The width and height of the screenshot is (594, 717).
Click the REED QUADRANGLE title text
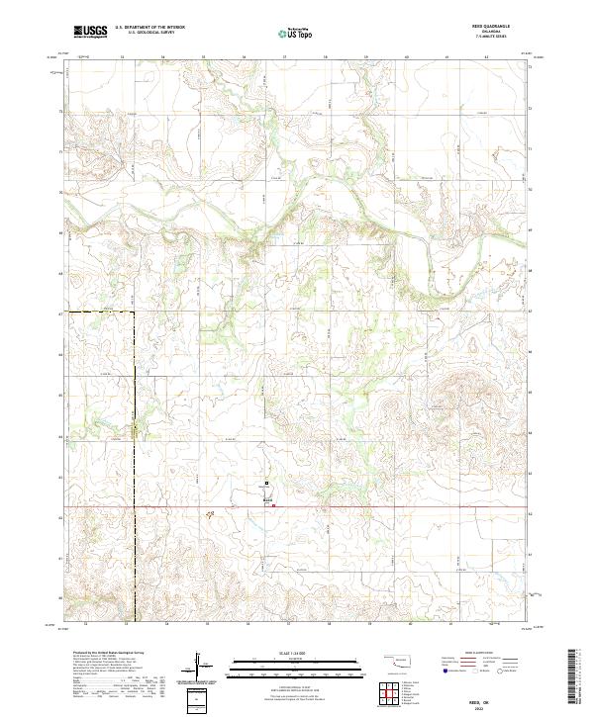(484, 29)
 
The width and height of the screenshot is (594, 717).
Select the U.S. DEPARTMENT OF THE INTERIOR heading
(149, 29)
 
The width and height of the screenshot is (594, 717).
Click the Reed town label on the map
(265, 501)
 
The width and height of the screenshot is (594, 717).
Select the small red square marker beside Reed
(274, 505)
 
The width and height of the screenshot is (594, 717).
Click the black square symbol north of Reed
(265, 484)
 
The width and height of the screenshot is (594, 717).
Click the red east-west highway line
(396, 508)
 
